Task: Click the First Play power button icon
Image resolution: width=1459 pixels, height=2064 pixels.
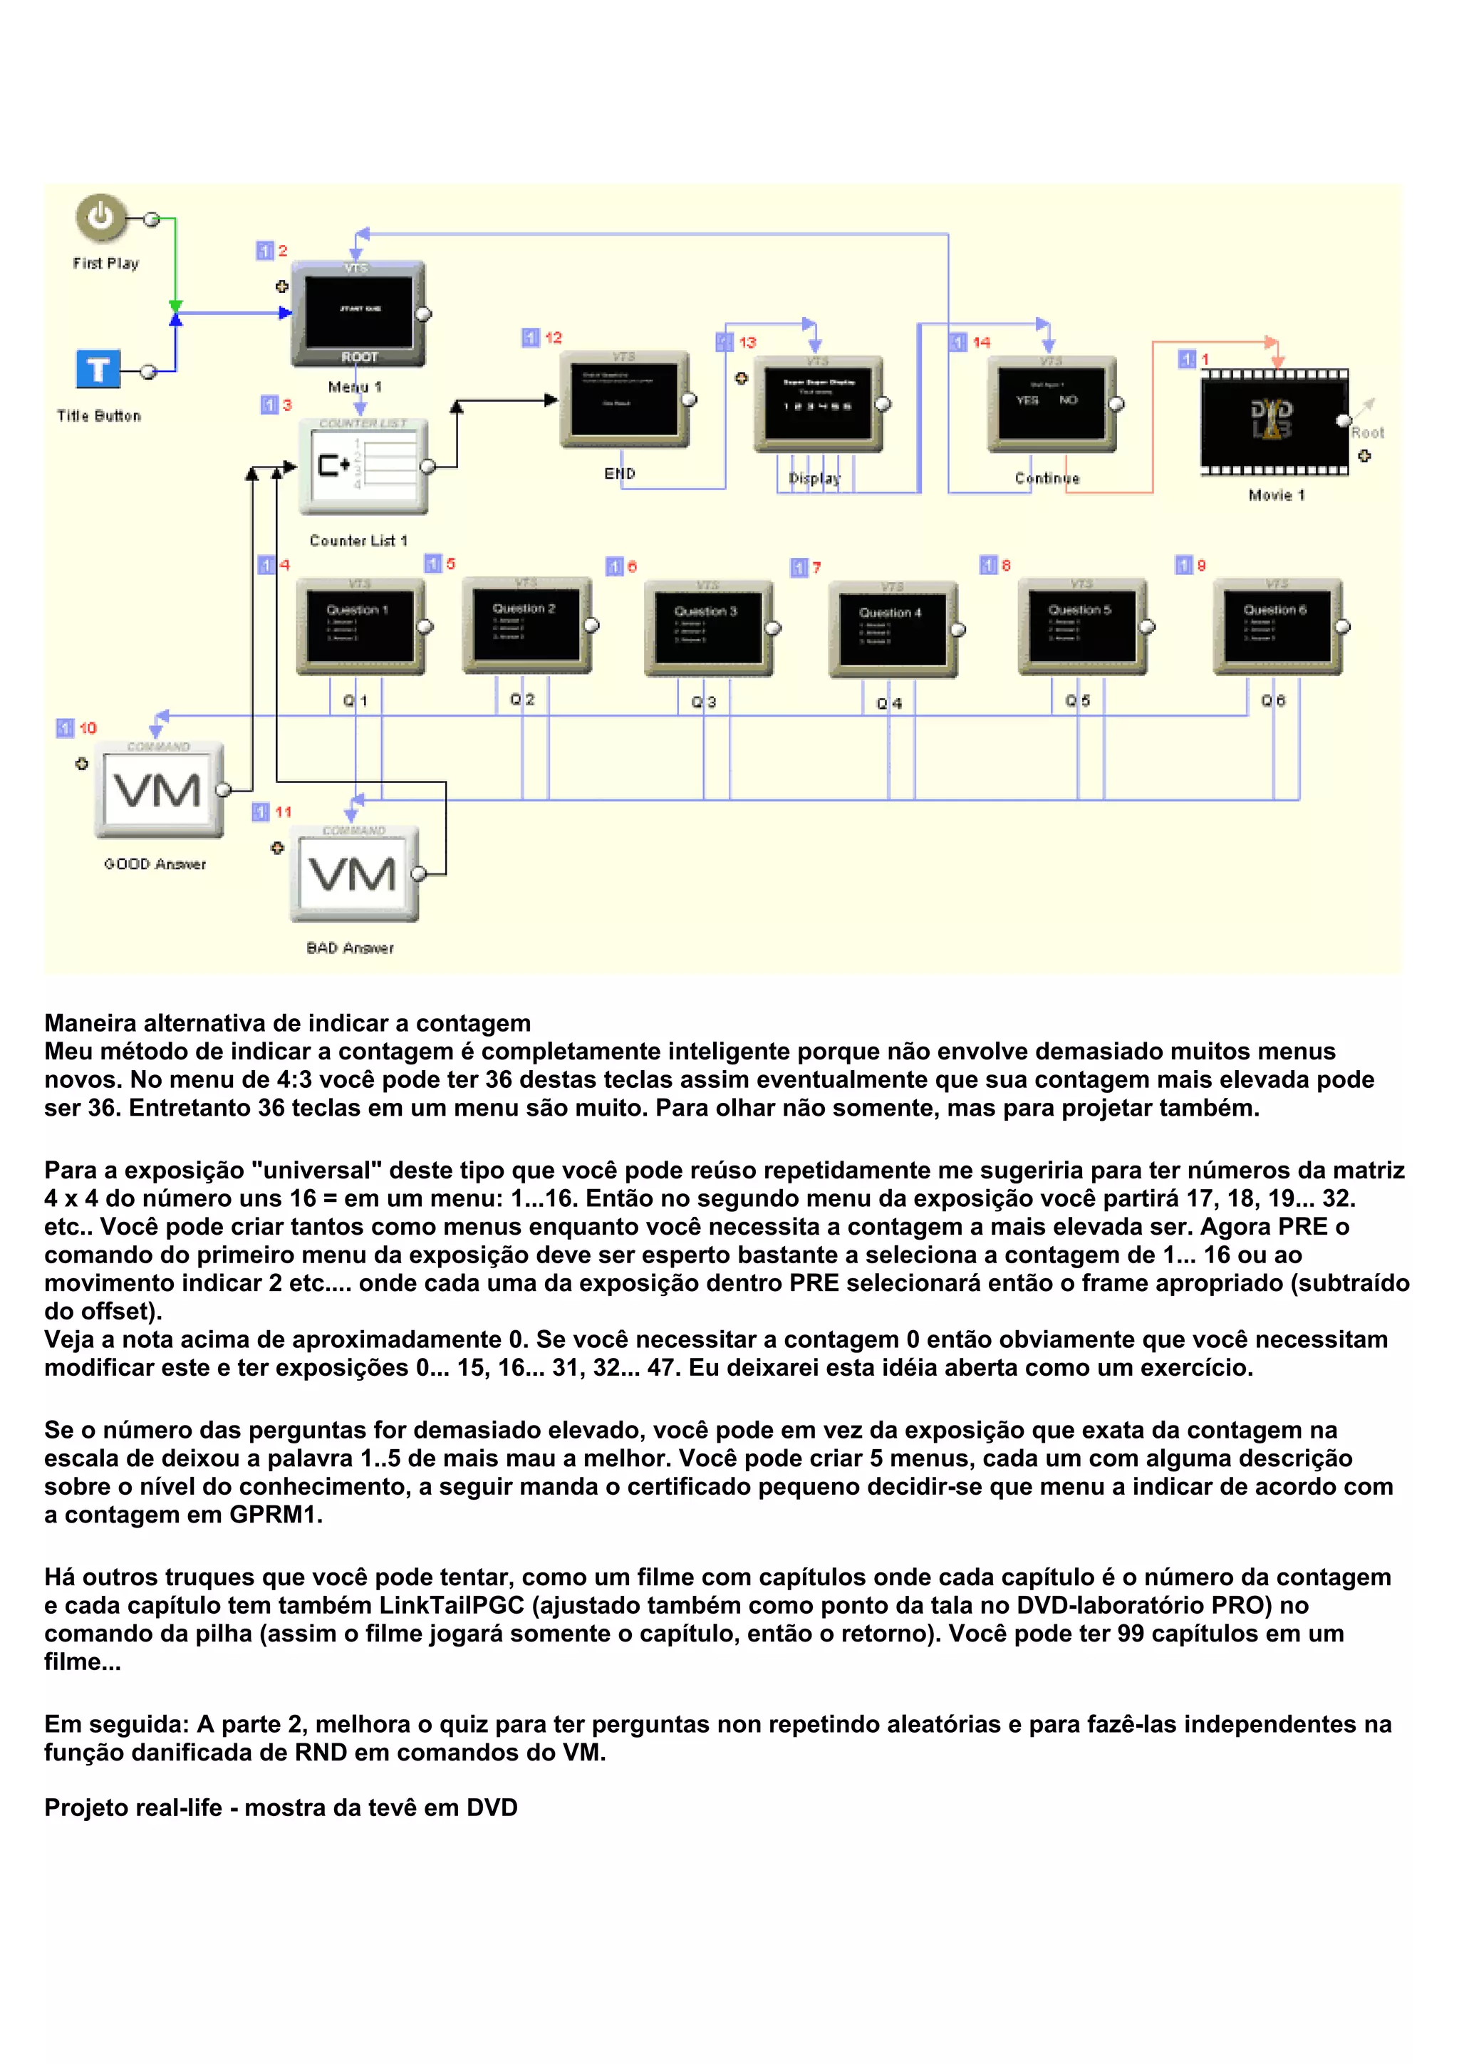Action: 100,217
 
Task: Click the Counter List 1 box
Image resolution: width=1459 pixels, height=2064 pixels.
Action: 363,466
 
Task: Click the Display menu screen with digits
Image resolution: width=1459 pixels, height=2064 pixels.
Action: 817,404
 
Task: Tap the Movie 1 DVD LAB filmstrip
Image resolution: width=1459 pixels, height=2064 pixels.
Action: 1273,421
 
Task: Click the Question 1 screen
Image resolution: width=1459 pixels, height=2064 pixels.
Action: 360,626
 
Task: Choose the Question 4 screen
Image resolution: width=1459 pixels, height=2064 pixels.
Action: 892,628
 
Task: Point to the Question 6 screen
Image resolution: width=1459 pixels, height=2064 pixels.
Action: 1276,626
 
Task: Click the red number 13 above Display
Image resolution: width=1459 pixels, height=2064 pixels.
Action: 747,343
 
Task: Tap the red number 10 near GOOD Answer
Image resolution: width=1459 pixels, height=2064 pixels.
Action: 87,728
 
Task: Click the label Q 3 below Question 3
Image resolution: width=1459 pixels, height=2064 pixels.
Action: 703,702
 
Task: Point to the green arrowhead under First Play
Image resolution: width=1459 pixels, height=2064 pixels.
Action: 175,306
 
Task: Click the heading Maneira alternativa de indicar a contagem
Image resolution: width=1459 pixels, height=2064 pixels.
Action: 288,1023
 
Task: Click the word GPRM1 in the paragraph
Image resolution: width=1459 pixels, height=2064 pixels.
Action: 275,1514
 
